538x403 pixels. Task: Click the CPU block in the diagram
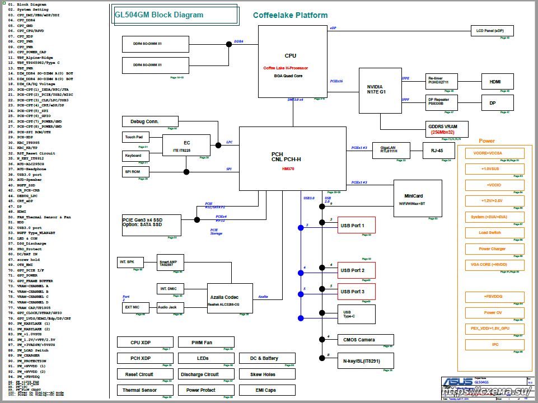(x=291, y=62)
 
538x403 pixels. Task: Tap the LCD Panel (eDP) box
(x=490, y=31)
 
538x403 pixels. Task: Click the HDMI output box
(x=494, y=82)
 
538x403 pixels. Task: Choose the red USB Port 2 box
(x=355, y=270)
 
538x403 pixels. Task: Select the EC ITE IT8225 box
(x=186, y=145)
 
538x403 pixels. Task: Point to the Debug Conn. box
(x=150, y=121)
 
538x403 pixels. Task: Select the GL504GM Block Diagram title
(x=159, y=15)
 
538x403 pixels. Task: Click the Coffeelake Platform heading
(x=290, y=15)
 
